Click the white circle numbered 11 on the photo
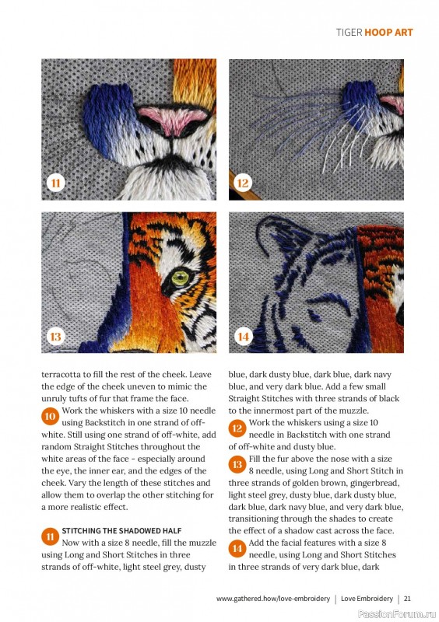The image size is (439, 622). pyautogui.click(x=55, y=183)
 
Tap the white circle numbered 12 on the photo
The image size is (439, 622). pyautogui.click(x=243, y=183)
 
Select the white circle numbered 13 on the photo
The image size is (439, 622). pyautogui.click(x=55, y=337)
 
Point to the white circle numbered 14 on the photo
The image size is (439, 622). pyautogui.click(x=243, y=337)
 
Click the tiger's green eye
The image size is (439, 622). pyautogui.click(x=180, y=278)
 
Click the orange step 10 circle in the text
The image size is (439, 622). pyautogui.click(x=50, y=417)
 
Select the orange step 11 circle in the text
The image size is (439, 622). pyautogui.click(x=50, y=536)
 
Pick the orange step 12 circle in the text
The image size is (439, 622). pyautogui.click(x=237, y=428)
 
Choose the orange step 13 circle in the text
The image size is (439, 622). pyautogui.click(x=237, y=464)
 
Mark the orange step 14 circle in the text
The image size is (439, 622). pyautogui.click(x=237, y=549)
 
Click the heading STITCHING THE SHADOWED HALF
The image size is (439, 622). pyautogui.click(x=121, y=531)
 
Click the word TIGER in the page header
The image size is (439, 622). pyautogui.click(x=349, y=33)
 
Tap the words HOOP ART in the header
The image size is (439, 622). pyautogui.click(x=388, y=33)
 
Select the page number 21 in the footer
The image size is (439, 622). pyautogui.click(x=407, y=599)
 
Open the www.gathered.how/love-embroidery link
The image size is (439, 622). pyautogui.click(x=273, y=599)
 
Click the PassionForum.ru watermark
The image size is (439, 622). pyautogui.click(x=397, y=614)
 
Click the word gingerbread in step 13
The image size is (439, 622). pyautogui.click(x=375, y=483)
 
